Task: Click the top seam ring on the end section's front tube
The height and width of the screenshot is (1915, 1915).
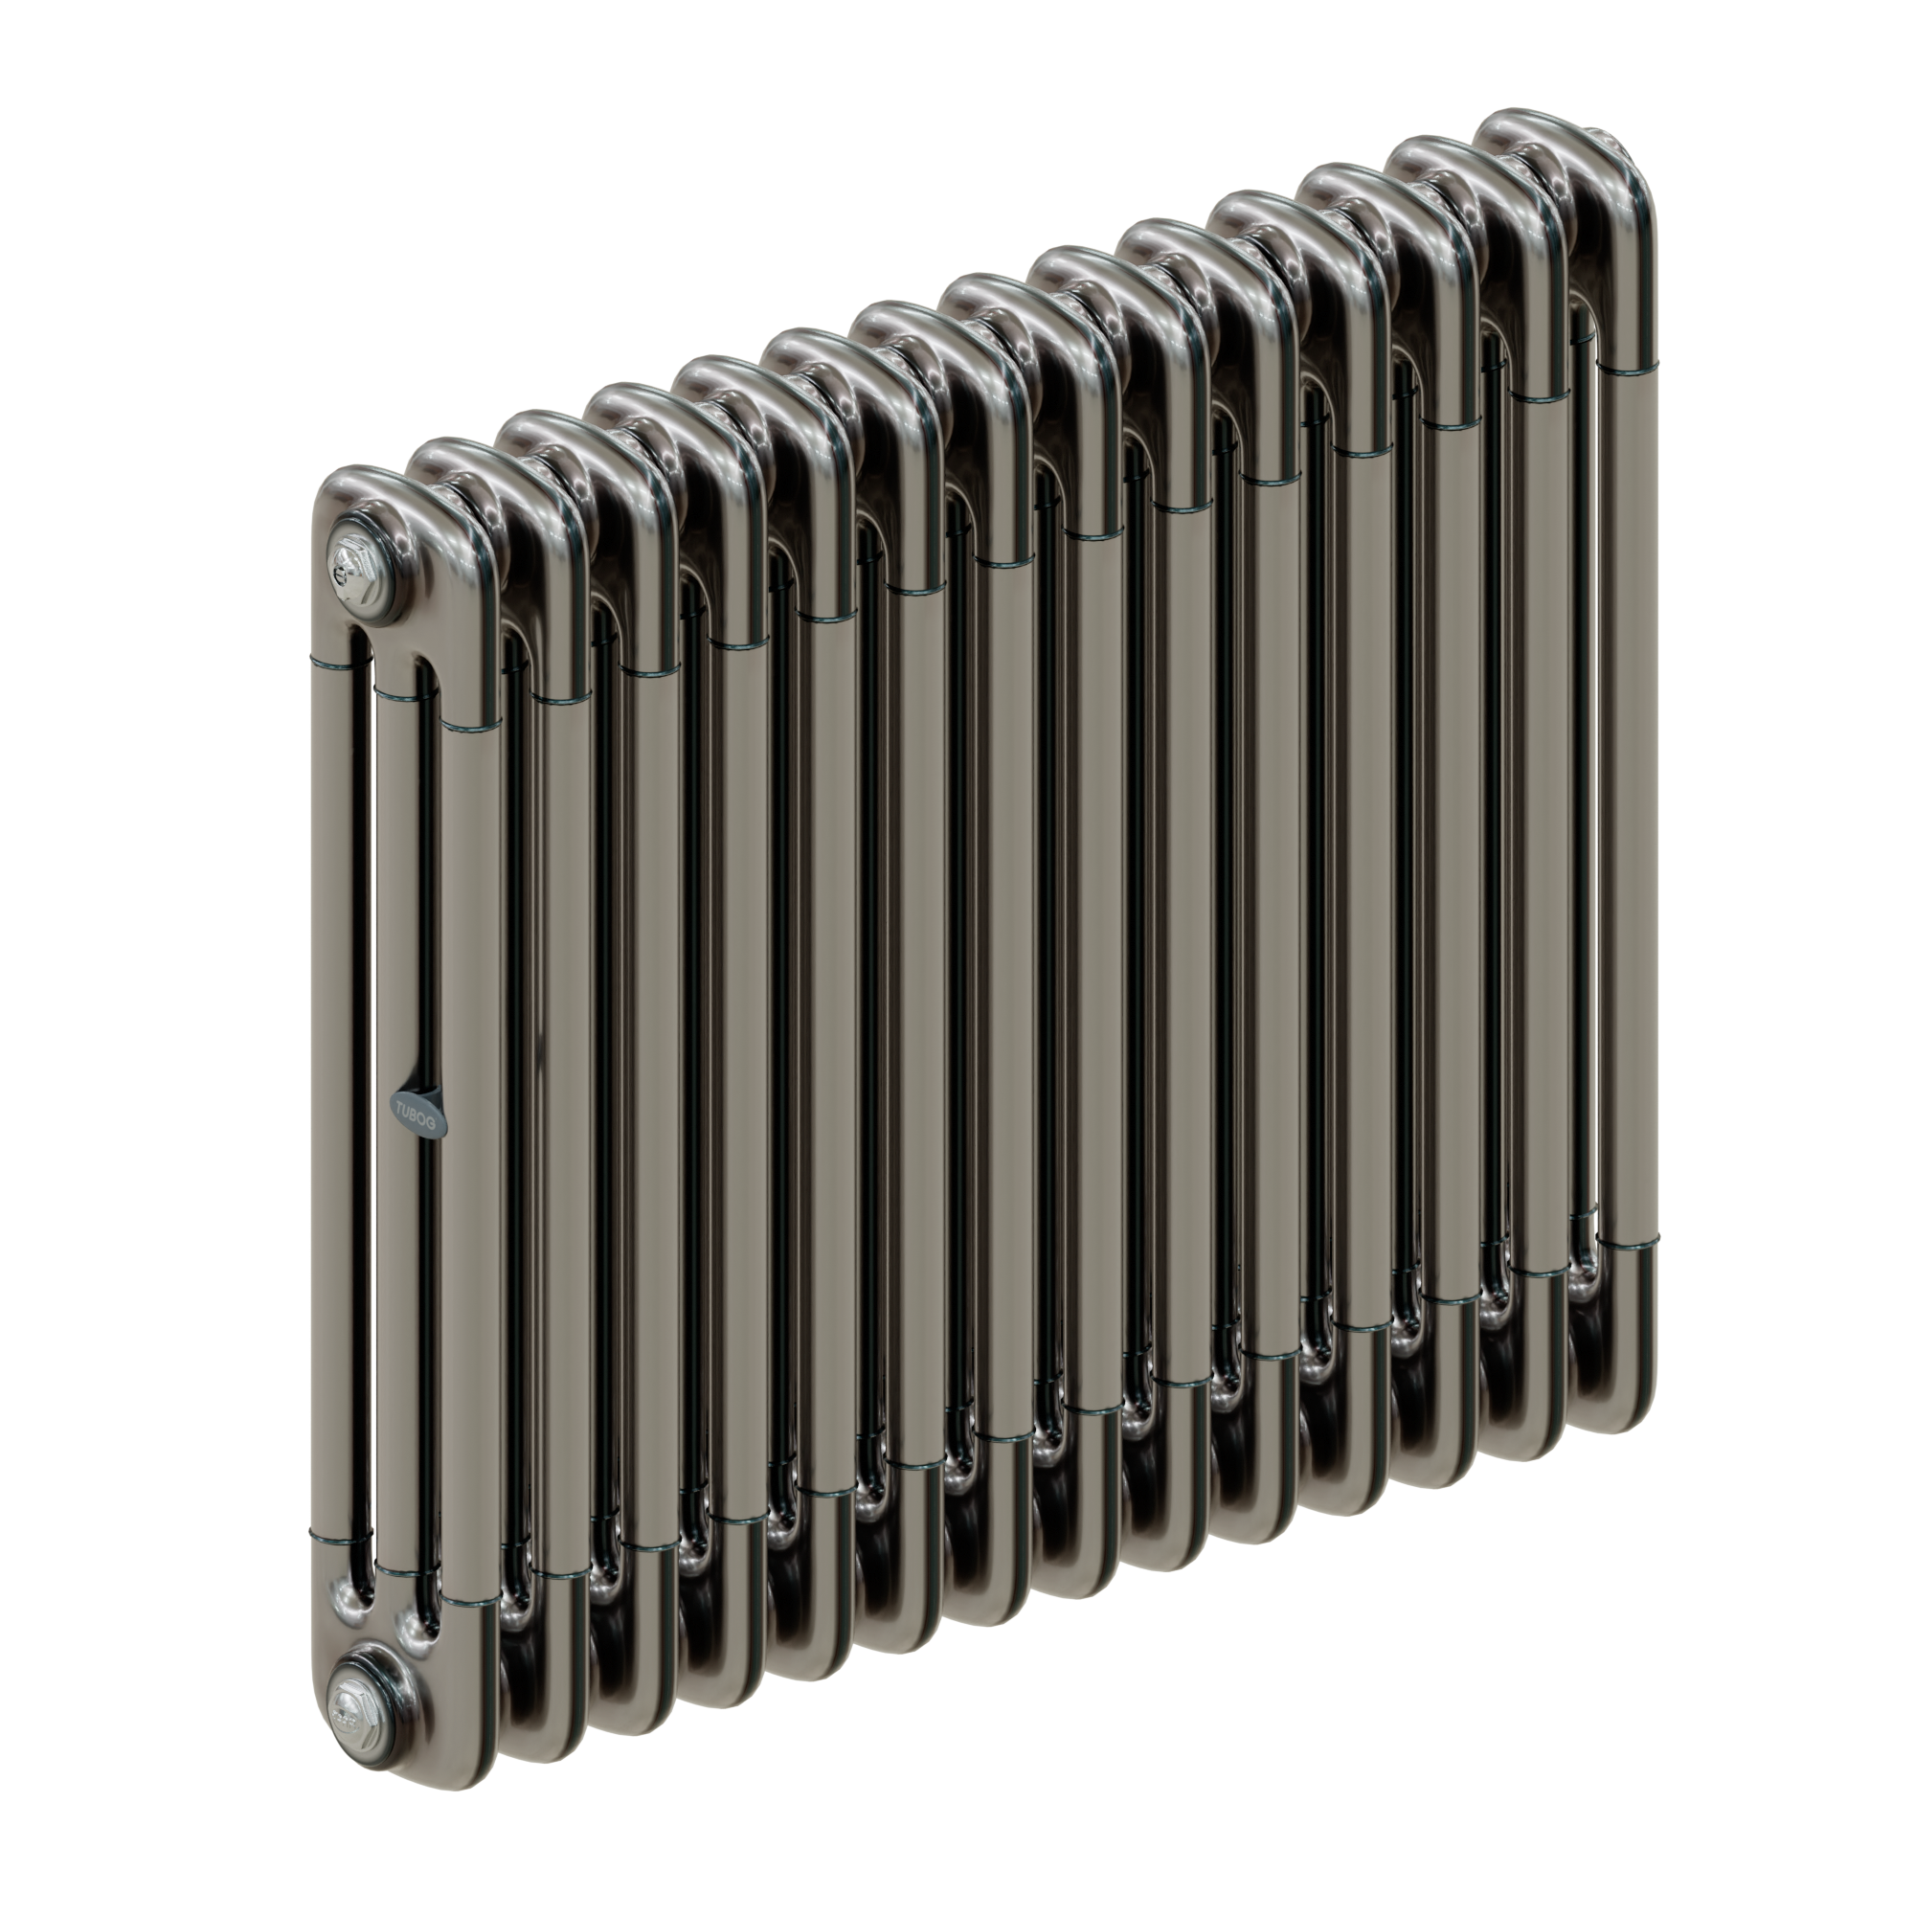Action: (470, 729)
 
